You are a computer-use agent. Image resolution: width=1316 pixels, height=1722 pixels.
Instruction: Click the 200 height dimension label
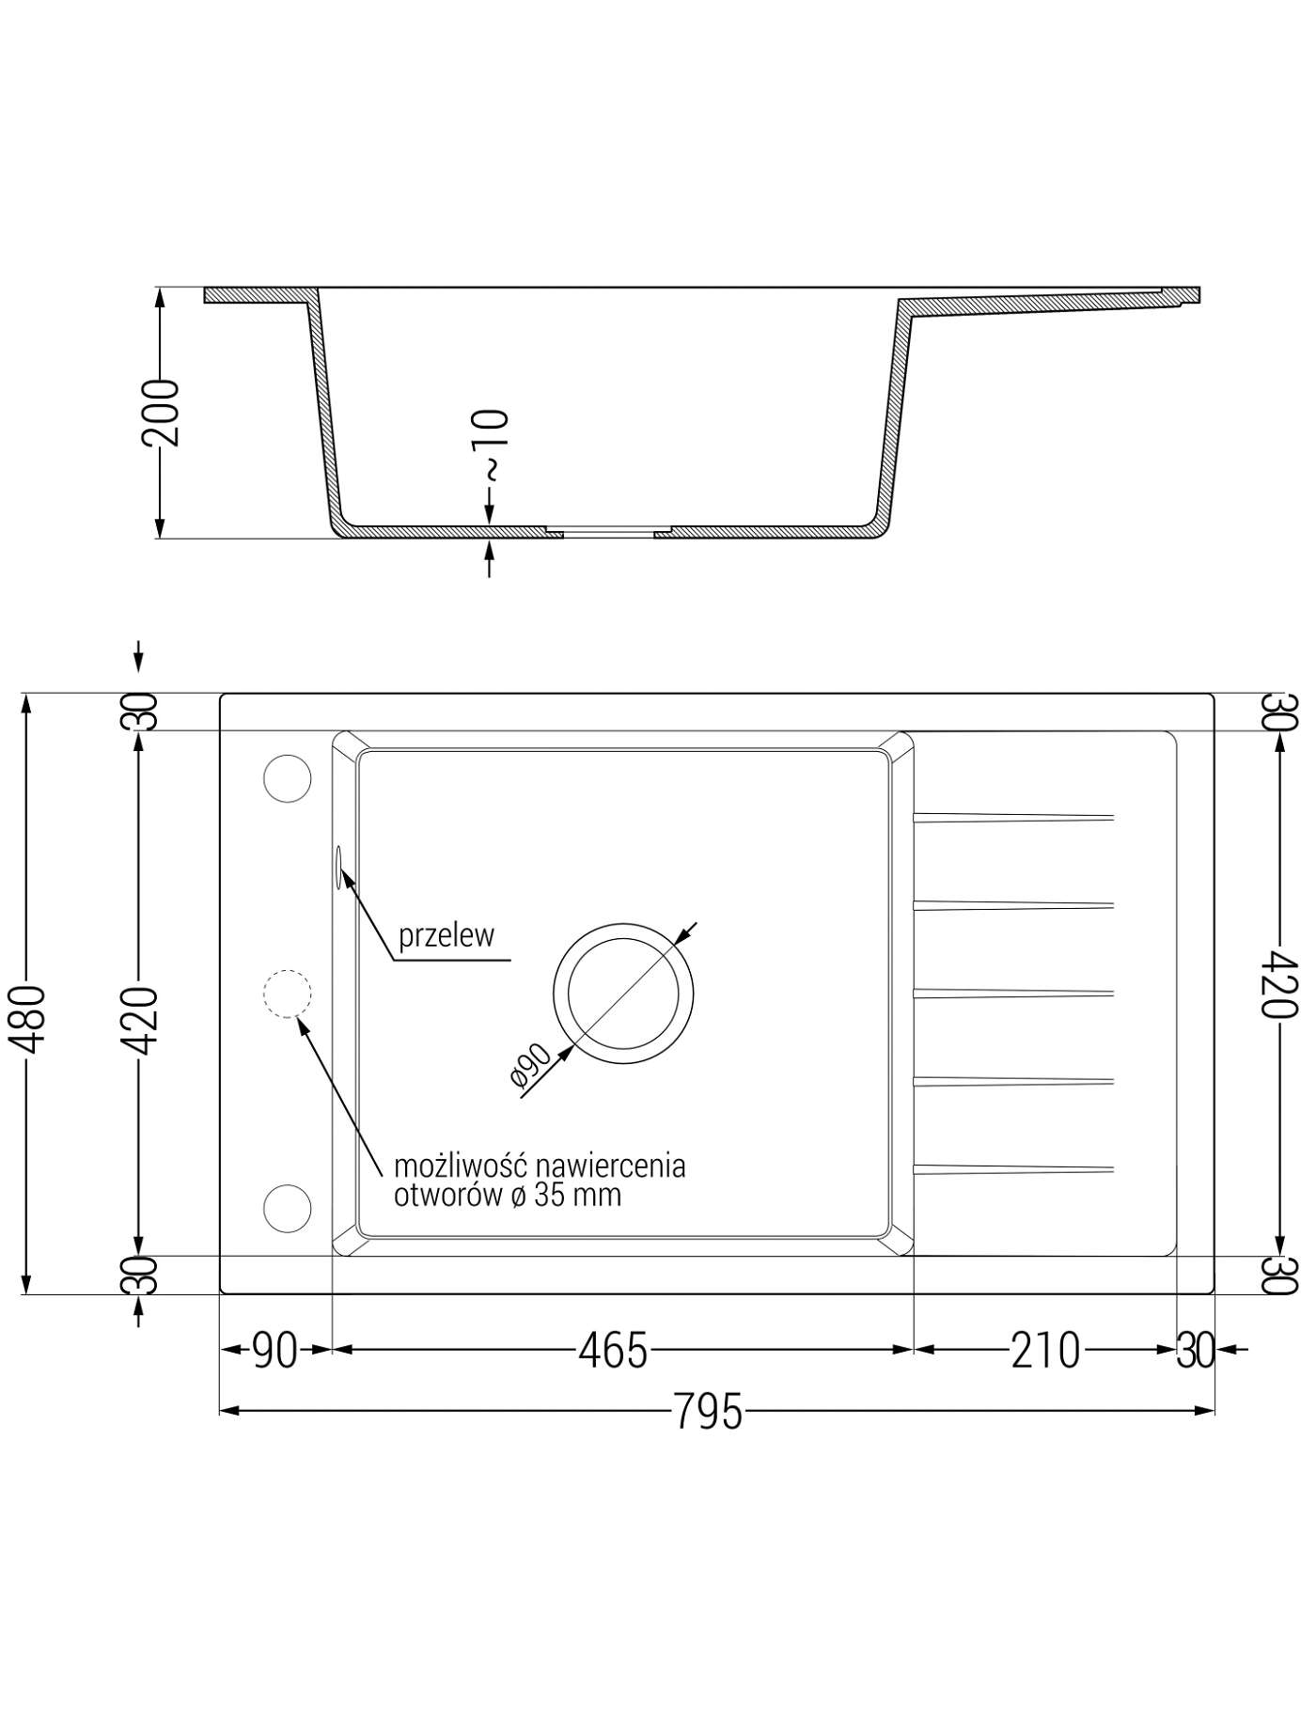159,412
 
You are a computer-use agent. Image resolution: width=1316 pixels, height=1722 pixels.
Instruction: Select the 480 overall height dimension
27,1020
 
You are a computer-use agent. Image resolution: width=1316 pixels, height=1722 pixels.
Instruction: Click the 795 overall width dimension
708,1411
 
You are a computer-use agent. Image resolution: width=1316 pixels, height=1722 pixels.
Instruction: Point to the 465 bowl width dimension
613,1351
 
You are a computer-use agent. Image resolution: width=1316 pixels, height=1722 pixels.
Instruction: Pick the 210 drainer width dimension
1045,1351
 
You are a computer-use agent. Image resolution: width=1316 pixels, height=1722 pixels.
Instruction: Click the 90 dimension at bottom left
275,1351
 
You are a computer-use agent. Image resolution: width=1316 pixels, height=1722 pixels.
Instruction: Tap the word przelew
446,935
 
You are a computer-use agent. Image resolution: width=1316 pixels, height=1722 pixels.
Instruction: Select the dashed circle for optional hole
287,993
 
